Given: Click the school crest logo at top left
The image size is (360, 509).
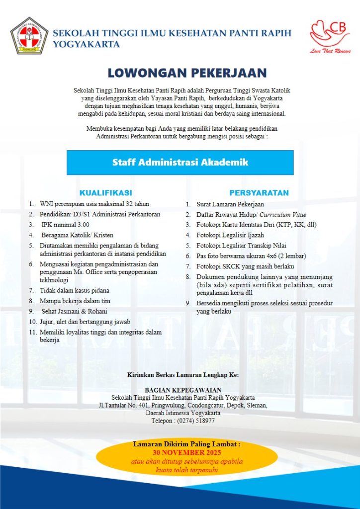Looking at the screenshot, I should (x=29, y=36).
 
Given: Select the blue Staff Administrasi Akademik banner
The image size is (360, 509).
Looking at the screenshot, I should (x=180, y=163).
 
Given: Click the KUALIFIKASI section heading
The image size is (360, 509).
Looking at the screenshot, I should (x=105, y=192).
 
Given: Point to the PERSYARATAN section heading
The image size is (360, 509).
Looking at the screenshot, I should (x=259, y=192).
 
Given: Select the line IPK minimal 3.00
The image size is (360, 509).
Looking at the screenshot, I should (x=63, y=225).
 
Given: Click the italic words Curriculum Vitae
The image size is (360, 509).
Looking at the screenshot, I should (x=283, y=214).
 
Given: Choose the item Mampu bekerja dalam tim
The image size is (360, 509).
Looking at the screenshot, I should (x=75, y=301).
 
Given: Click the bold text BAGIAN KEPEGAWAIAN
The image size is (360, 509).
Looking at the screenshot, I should (x=183, y=390).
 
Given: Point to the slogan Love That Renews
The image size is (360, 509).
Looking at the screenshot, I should (x=331, y=51).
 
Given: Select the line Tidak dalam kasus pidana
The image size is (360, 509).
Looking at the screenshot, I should (x=75, y=290).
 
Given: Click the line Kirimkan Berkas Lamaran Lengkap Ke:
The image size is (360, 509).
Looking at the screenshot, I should (x=183, y=374).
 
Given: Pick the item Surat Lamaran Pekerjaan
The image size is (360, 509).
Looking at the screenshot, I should (x=230, y=204).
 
